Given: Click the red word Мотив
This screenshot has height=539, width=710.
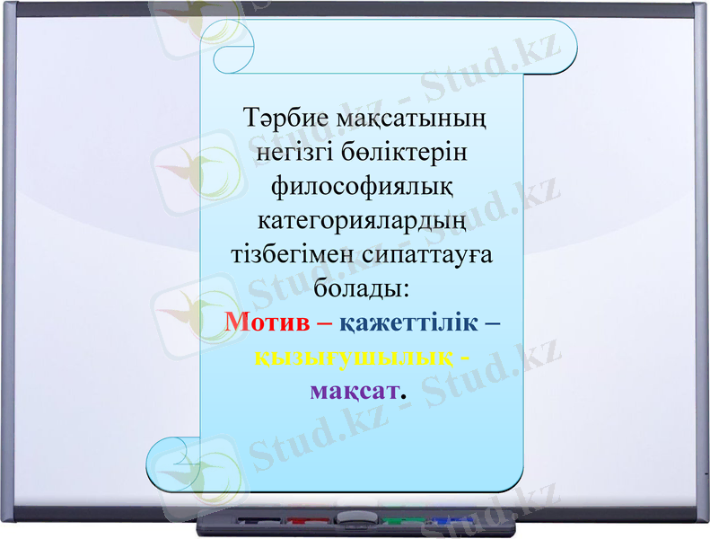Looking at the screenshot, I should coord(267,321).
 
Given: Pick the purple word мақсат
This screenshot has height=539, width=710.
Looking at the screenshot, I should coord(353,390).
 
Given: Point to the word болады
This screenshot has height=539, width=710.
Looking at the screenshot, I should coord(359,287).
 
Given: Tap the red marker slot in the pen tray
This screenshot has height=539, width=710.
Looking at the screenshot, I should coord(307,520).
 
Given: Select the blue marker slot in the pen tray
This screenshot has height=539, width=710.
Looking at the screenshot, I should coord(449,520).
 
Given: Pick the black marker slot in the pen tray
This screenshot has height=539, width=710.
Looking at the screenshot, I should coord(259,520).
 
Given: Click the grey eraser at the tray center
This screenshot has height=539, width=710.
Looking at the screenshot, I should coord(353,517).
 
